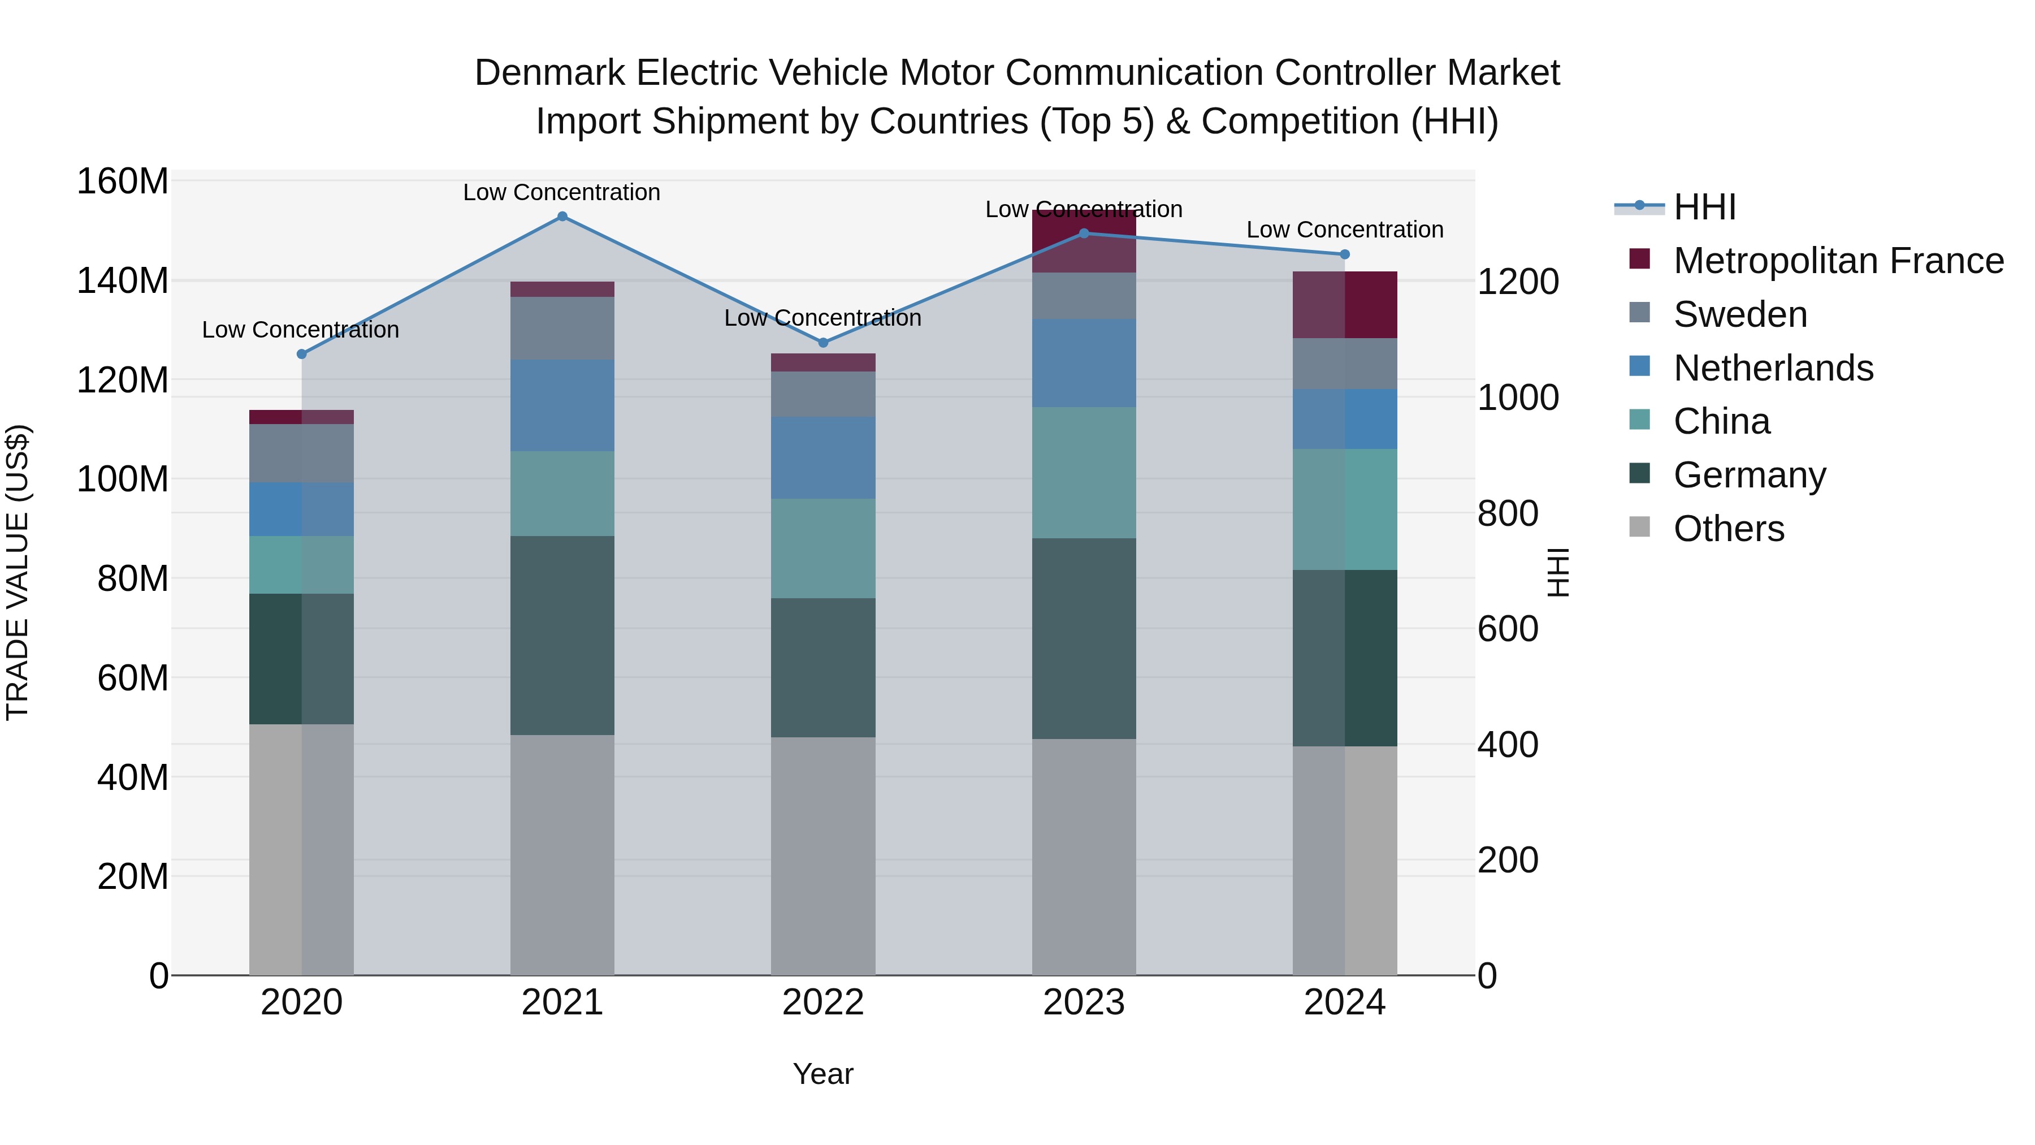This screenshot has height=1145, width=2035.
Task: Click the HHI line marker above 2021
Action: (x=562, y=217)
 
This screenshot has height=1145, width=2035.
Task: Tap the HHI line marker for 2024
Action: (x=1345, y=254)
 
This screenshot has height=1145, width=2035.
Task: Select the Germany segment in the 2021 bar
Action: (x=562, y=636)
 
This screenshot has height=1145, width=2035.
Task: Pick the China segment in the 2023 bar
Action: (x=1083, y=473)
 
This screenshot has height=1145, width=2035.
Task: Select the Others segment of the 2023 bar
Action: (x=1083, y=857)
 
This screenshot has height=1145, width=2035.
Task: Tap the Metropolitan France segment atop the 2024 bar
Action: (x=1345, y=304)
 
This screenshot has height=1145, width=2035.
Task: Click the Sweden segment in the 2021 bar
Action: (x=562, y=328)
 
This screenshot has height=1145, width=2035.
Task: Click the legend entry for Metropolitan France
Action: (x=1838, y=261)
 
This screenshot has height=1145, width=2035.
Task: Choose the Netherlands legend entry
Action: (x=1773, y=368)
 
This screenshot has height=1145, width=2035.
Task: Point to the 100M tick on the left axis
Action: (x=123, y=479)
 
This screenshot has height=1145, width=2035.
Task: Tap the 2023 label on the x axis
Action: (x=1083, y=1003)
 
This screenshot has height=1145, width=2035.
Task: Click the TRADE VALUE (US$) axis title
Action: (x=18, y=572)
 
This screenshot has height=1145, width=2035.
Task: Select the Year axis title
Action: (x=822, y=1074)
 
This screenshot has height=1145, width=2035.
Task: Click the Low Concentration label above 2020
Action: (x=300, y=330)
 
